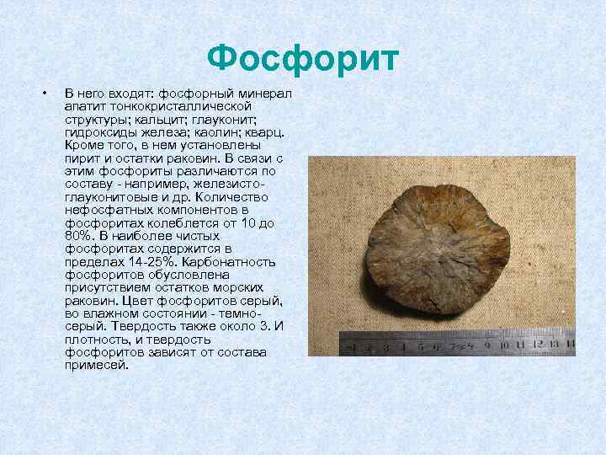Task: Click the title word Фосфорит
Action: coord(302,59)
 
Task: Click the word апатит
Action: coord(83,107)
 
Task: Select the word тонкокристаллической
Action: coord(178,107)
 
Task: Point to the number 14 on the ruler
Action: coord(570,344)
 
